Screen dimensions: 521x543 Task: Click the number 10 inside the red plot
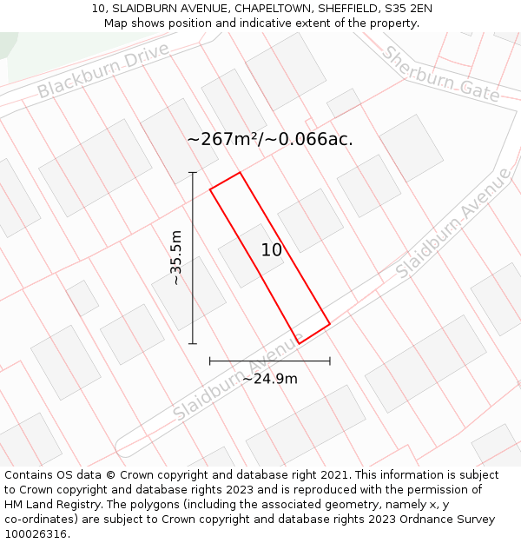[272, 250]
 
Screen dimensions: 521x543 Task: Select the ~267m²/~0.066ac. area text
[270, 138]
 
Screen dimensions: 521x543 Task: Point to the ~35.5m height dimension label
[175, 257]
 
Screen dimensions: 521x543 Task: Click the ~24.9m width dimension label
[269, 378]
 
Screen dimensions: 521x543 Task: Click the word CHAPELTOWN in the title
[268, 9]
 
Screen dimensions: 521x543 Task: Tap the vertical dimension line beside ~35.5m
[193, 257]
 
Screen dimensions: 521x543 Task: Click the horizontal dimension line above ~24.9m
[269, 361]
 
